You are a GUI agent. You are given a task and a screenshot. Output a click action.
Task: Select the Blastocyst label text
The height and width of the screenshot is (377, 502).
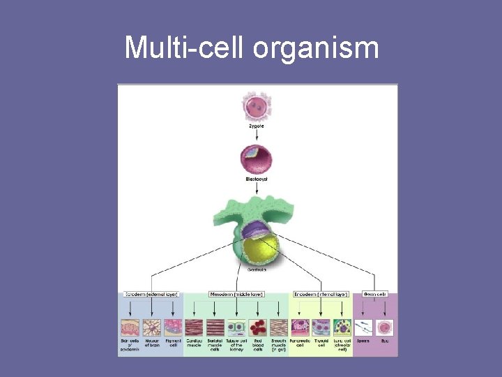pyautogui.click(x=257, y=179)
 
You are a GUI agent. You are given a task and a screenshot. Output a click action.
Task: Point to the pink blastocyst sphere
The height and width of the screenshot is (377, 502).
pyautogui.click(x=257, y=159)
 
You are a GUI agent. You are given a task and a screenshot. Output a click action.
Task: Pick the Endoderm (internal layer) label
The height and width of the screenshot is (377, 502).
pyautogui.click(x=321, y=295)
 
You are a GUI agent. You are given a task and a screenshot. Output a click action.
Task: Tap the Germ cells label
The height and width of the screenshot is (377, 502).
pyautogui.click(x=374, y=295)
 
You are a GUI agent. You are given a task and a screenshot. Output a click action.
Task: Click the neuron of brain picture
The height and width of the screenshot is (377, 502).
pyautogui.click(x=152, y=327)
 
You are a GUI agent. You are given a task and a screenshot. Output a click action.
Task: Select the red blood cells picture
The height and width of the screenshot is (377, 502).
pyautogui.click(x=258, y=327)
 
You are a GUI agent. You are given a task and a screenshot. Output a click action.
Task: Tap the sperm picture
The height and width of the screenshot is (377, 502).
pyautogui.click(x=363, y=327)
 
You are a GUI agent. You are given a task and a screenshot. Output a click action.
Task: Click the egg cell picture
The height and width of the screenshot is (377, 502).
pyautogui.click(x=384, y=327)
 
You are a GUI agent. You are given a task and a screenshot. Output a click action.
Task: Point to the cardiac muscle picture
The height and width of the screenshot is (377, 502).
pyautogui.click(x=195, y=327)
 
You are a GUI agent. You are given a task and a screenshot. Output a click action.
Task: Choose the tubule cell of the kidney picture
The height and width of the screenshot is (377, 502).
pyautogui.click(x=236, y=327)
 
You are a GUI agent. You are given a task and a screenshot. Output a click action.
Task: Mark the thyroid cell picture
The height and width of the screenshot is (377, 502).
pyautogui.click(x=321, y=327)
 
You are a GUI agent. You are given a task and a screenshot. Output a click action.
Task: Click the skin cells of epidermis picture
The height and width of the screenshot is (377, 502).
pyautogui.click(x=130, y=327)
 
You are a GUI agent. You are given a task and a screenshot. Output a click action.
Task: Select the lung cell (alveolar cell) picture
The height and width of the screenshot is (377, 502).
pyautogui.click(x=342, y=327)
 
